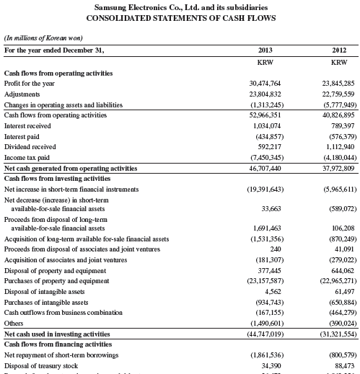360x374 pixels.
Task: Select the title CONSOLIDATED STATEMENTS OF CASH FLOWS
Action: click(x=179, y=18)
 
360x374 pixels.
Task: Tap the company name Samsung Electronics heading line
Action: click(x=179, y=7)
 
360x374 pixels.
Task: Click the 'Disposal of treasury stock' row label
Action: click(x=43, y=365)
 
